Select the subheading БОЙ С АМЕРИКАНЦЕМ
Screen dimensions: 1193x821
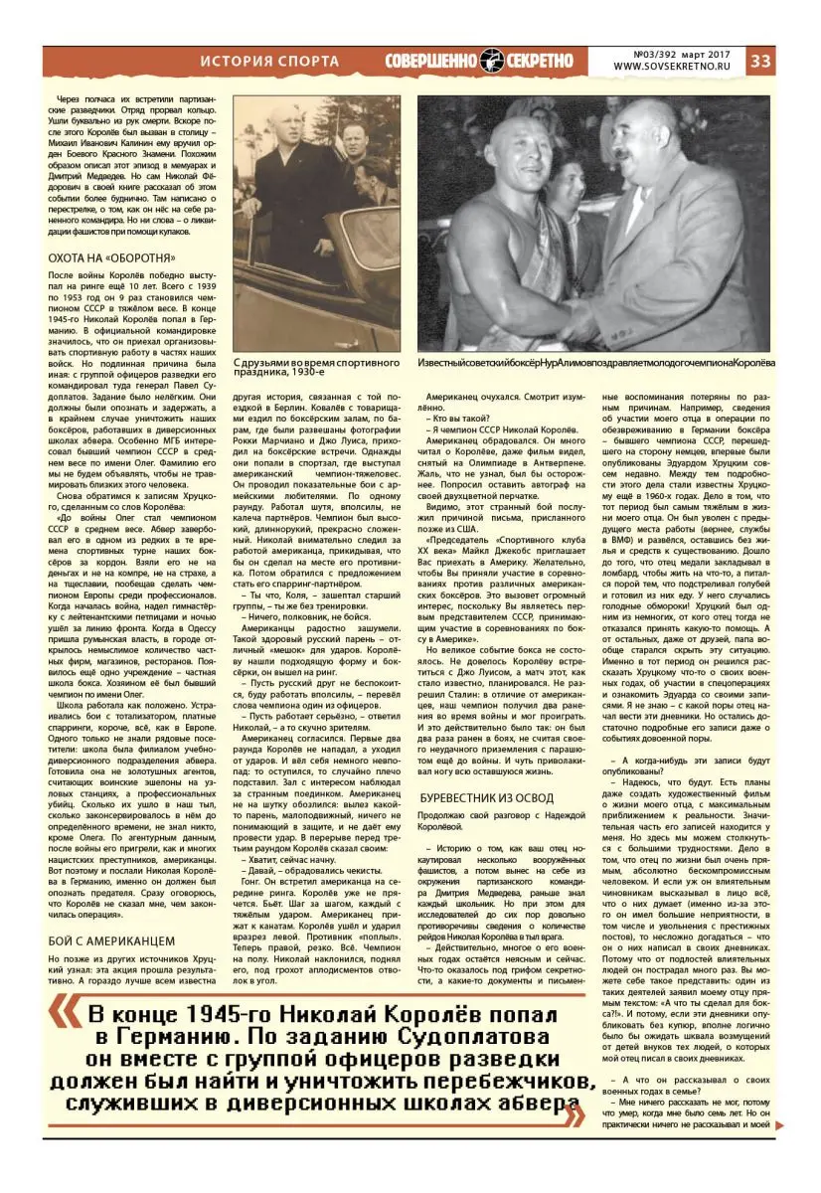[x=111, y=939]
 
